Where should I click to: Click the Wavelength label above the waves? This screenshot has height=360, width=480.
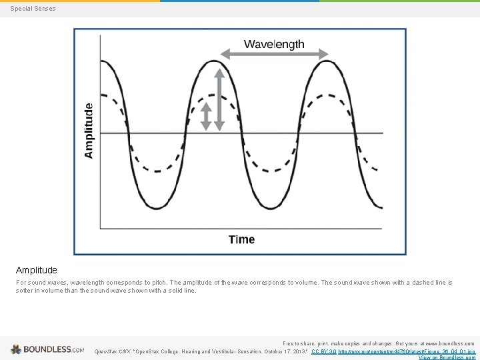point(274,45)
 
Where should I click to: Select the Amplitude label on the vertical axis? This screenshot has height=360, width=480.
point(89,130)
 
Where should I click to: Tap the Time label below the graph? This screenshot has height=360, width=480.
point(241,239)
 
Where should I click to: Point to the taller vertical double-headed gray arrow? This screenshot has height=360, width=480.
point(219,98)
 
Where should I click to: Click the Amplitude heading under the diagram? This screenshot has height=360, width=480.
point(37,270)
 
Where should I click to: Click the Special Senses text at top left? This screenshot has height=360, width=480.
point(33,9)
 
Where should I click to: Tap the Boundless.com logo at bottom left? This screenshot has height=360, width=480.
point(47,349)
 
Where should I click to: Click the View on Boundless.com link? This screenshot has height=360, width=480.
point(447,357)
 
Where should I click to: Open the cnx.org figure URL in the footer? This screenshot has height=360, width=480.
point(407,351)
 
